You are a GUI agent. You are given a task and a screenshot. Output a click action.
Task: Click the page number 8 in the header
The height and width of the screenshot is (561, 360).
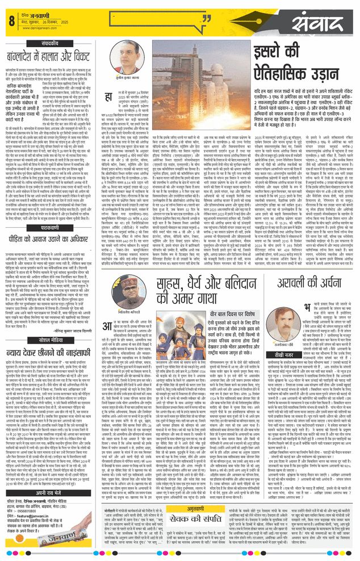tap(11, 20)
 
